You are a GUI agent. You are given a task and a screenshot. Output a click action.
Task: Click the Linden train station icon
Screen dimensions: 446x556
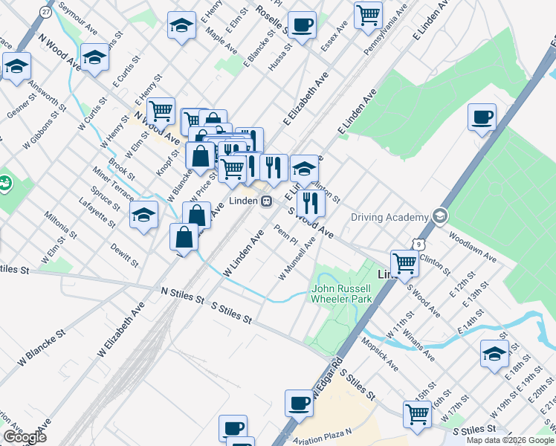[265, 201]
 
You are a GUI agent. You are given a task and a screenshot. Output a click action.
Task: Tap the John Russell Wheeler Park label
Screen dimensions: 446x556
[341, 294]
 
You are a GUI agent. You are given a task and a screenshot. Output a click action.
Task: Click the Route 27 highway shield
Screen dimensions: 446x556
[46, 12]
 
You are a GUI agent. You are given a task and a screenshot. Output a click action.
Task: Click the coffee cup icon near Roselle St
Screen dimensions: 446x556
[302, 25]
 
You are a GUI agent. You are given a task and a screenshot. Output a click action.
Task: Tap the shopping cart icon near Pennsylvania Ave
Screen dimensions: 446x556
[368, 15]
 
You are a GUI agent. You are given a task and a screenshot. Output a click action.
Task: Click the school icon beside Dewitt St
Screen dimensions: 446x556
[144, 216]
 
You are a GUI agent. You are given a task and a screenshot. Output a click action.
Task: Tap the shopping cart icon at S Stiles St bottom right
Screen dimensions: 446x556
[417, 414]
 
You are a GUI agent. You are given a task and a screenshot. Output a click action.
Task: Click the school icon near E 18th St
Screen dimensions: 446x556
[494, 354]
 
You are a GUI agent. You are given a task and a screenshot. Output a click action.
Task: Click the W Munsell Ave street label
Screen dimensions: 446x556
[297, 259]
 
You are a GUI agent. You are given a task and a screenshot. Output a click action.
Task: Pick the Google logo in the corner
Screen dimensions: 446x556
[25, 437]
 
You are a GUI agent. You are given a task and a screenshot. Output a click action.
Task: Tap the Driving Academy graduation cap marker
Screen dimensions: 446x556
[441, 217]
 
